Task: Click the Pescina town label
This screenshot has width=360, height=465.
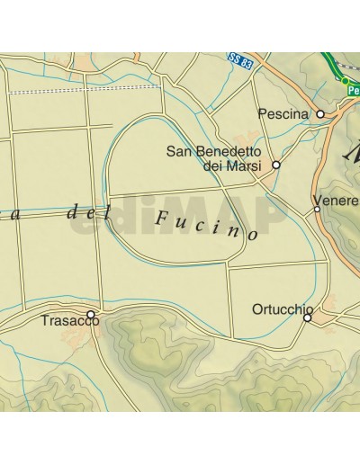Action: point(283,114)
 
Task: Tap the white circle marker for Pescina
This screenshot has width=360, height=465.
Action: point(319,114)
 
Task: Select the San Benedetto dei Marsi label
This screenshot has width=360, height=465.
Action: point(220,158)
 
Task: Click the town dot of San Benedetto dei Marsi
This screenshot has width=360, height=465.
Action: point(276,165)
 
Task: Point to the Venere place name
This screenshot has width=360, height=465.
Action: point(335,200)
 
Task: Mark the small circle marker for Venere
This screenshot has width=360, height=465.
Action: point(317,210)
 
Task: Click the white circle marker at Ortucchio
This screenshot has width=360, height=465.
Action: point(307,317)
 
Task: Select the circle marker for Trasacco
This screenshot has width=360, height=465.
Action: point(91,314)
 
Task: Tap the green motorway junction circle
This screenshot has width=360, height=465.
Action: point(344,80)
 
